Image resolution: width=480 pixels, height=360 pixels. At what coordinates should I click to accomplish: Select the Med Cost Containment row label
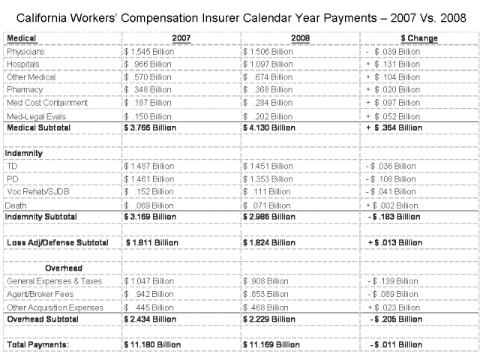pos(47,102)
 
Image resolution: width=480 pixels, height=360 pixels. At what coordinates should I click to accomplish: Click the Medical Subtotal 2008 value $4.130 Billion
pos(272,127)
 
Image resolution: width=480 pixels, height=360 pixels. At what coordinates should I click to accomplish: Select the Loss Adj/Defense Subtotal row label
pos(57,242)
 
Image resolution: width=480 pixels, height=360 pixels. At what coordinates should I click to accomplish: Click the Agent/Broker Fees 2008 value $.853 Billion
pos(268,293)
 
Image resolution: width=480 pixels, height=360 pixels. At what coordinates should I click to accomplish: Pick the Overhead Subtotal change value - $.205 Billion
pos(394,319)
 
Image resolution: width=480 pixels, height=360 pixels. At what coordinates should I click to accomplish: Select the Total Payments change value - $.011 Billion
pos(394,344)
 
